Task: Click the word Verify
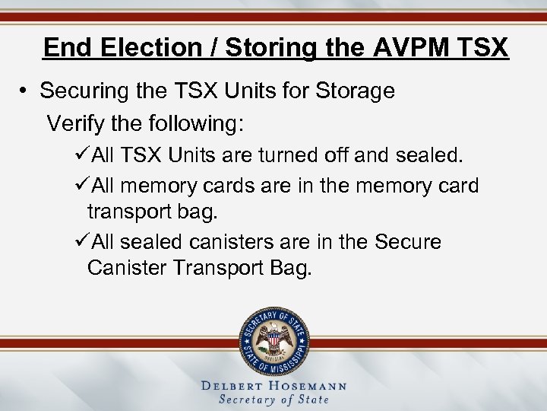pyautogui.click(x=73, y=122)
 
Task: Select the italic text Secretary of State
pyautogui.click(x=273, y=400)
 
